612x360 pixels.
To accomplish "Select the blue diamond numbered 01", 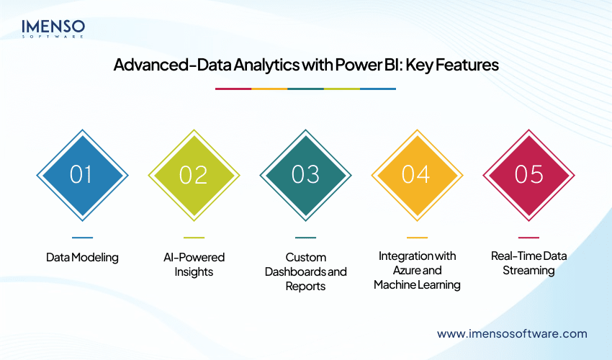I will tap(82, 175).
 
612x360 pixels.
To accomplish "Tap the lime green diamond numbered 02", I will tap(194, 175).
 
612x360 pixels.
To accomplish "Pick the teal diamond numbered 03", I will tap(305, 175).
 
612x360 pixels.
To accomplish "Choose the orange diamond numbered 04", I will tap(417, 175).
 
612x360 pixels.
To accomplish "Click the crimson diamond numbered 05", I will tap(528, 175).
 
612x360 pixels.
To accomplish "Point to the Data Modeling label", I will tap(82, 257).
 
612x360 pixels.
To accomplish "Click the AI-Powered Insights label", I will tap(194, 264).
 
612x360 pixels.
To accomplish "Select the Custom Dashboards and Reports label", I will tap(305, 271).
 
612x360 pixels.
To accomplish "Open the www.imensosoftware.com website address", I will tap(512, 333).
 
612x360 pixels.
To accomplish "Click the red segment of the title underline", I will tap(233, 89).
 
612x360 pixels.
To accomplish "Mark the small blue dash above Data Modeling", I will tap(82, 237).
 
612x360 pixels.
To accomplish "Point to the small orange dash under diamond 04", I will tap(417, 237).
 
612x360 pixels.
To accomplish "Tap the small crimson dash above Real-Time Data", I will tap(528, 237).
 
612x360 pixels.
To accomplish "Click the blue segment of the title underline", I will tap(378, 89).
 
